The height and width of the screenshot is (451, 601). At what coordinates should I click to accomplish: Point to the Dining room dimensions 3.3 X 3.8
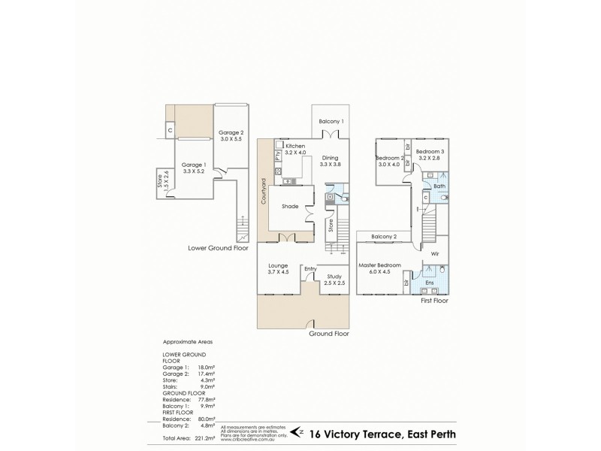(x=331, y=165)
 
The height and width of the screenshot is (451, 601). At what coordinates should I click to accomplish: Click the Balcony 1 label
(x=331, y=121)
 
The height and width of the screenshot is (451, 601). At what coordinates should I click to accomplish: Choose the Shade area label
(x=290, y=206)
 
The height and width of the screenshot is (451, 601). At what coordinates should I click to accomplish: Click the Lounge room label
(x=278, y=265)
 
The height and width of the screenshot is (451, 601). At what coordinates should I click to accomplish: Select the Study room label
(x=335, y=277)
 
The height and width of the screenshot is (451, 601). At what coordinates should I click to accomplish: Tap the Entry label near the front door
(x=310, y=268)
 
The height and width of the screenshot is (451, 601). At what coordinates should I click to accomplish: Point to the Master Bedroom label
(x=379, y=265)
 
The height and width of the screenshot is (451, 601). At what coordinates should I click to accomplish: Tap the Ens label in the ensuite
(x=430, y=283)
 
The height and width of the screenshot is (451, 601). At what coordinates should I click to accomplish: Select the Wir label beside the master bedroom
(x=434, y=253)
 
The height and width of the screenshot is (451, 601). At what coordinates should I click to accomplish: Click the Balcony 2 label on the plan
(x=383, y=237)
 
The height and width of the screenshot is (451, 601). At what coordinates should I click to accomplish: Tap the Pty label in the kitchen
(x=277, y=156)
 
